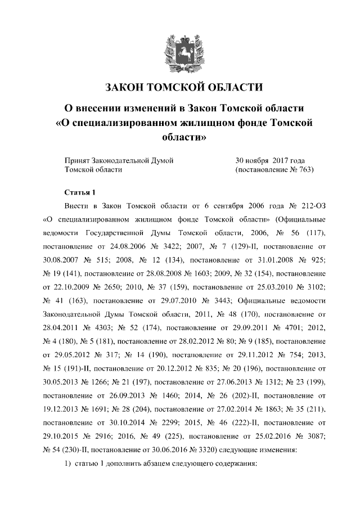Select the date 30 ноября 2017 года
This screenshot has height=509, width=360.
tap(269, 160)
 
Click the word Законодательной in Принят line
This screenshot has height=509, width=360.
tap(120, 160)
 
